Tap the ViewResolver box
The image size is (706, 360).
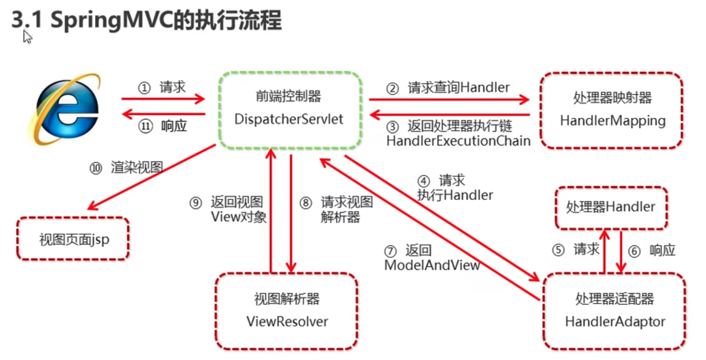pyautogui.click(x=286, y=311)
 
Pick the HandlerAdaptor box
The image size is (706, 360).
pyautogui.click(x=614, y=311)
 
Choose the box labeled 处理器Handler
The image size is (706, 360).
pyautogui.click(x=611, y=207)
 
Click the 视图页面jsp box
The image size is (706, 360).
pyautogui.click(x=74, y=239)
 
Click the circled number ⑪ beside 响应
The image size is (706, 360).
pyautogui.click(x=146, y=127)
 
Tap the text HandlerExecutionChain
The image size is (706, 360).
pyautogui.click(x=458, y=140)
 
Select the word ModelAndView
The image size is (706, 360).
pyautogui.click(x=432, y=265)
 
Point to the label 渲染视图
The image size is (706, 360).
pyautogui.click(x=137, y=168)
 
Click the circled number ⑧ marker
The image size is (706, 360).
pyautogui.click(x=306, y=203)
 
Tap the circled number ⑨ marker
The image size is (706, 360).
pyautogui.click(x=195, y=203)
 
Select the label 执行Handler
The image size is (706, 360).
pyautogui.click(x=455, y=195)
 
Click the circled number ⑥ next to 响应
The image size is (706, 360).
pyautogui.click(x=635, y=251)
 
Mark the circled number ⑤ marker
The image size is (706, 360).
pyautogui.click(x=558, y=250)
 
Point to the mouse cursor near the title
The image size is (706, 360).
pyautogui.click(x=27, y=37)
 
